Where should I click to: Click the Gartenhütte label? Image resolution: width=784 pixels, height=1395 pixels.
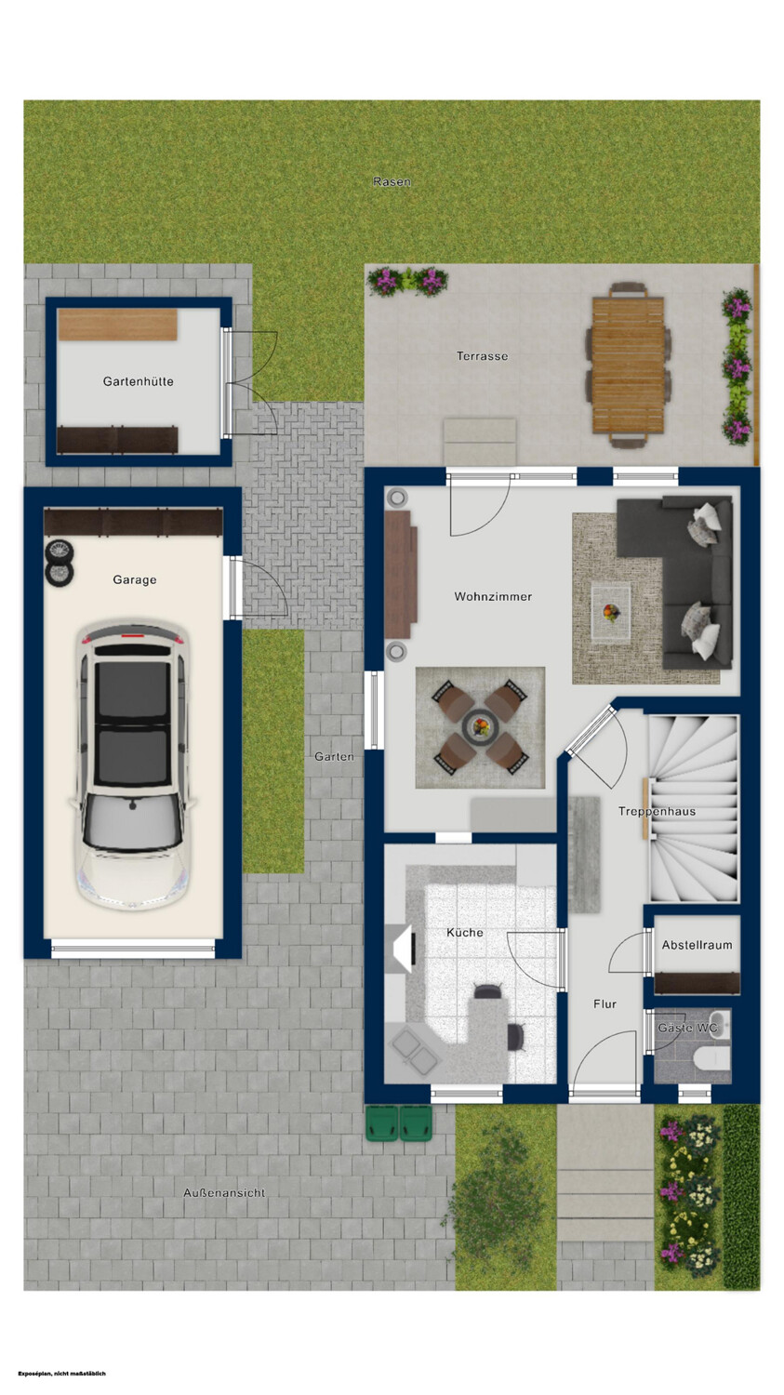139,381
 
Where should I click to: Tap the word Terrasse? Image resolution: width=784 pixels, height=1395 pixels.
482,356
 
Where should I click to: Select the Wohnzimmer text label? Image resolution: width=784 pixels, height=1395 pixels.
493,597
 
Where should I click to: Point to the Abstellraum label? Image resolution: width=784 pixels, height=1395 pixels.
697,945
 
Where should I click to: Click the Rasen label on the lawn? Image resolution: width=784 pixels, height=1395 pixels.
392,182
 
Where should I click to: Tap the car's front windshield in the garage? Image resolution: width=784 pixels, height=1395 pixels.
133,821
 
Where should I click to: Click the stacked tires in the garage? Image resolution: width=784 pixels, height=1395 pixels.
60,563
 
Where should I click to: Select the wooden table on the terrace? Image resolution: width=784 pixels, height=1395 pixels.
629,365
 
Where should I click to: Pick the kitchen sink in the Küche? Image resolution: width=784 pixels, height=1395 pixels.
412,1051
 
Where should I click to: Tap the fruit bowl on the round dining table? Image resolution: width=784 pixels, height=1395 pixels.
480,725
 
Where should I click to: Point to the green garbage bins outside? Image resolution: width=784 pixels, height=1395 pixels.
399,1123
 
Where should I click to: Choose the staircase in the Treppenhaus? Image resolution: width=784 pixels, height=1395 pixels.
695,808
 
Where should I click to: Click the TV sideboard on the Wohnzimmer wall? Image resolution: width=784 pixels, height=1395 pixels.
400,574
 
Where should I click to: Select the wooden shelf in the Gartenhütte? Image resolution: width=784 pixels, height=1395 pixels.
117,325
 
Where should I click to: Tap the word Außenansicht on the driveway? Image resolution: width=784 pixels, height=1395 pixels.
224,1192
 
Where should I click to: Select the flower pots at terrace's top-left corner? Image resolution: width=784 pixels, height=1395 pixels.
408,282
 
